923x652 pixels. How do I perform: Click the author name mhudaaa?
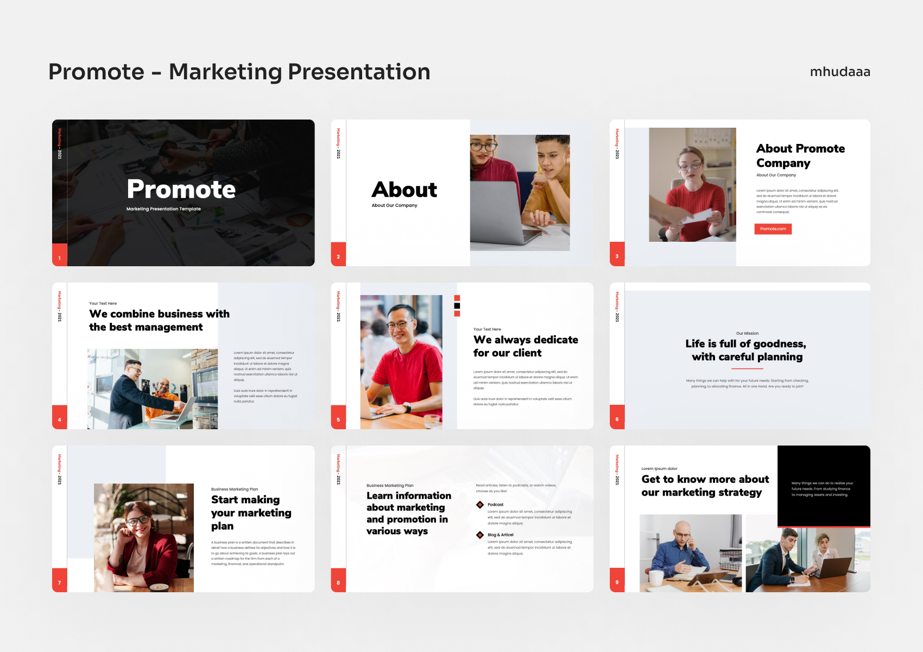[840, 72]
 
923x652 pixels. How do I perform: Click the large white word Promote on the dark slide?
[181, 189]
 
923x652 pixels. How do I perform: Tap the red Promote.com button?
[773, 229]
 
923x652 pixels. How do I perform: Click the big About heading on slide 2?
[404, 190]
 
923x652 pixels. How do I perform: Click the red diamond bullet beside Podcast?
[479, 505]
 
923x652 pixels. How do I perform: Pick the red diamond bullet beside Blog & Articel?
[479, 535]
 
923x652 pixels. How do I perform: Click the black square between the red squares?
[457, 306]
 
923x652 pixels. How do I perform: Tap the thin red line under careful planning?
[747, 369]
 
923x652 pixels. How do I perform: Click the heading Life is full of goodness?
[746, 344]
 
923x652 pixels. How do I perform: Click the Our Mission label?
[747, 334]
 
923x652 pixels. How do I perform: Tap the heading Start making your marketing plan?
[251, 512]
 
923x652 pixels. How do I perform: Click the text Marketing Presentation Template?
[163, 209]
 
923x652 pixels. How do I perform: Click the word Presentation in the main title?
[359, 72]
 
